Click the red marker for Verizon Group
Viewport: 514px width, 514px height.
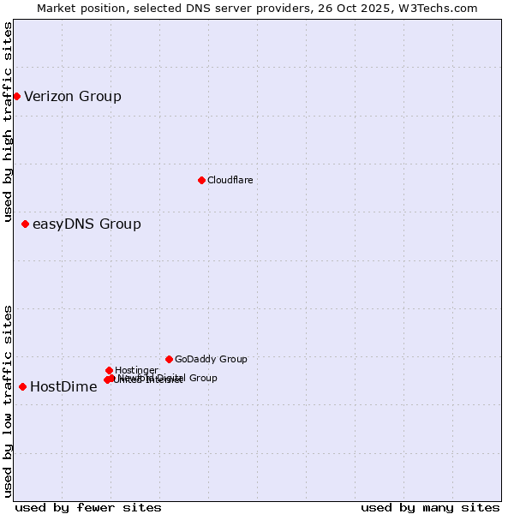tap(16, 96)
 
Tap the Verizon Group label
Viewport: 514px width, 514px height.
tap(73, 96)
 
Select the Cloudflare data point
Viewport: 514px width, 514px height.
tap(201, 180)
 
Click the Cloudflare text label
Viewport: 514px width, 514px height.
tap(230, 180)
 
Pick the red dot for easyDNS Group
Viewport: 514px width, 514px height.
tap(25, 224)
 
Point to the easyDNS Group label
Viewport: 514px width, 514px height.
tap(87, 224)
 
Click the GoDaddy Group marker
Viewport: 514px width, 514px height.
tap(169, 359)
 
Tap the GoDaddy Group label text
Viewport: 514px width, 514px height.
tap(211, 360)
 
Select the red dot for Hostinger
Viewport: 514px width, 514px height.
tap(109, 370)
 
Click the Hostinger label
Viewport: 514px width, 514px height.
tap(136, 370)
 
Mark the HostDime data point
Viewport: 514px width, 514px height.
tap(22, 386)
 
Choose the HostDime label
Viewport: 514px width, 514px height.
tap(63, 386)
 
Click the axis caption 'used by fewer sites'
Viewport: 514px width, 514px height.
tap(88, 507)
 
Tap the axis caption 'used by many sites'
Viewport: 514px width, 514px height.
tap(430, 507)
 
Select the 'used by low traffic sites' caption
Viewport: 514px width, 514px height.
tap(9, 401)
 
